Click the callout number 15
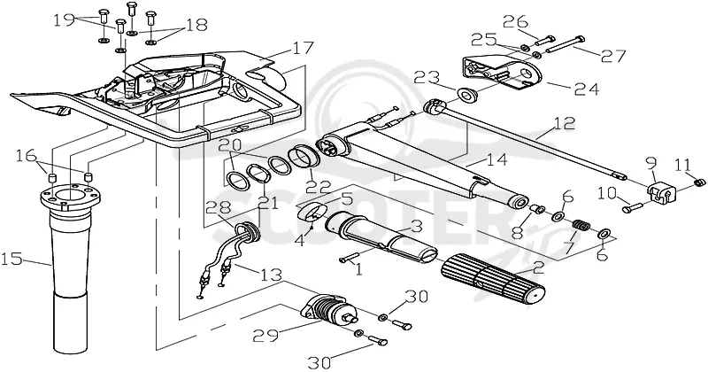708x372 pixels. pos(12,260)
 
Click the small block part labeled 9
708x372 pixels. pos(661,192)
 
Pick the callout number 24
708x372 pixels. pos(587,89)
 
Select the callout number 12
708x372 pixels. pos(563,124)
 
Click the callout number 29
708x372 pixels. pos(265,336)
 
